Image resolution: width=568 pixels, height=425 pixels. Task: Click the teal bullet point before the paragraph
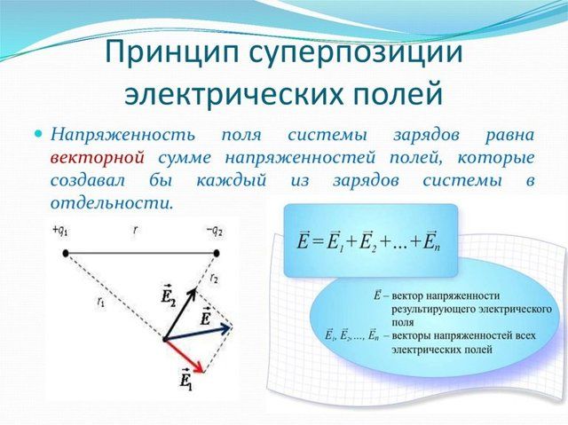coord(38,134)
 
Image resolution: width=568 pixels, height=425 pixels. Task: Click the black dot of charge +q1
coord(67,253)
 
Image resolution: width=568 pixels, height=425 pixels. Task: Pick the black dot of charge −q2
coord(217,253)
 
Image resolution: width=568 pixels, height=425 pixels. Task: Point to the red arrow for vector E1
coord(186,355)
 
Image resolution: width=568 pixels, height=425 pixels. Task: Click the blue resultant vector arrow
coord(200,332)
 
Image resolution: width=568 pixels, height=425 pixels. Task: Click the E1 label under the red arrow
coord(185,382)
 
